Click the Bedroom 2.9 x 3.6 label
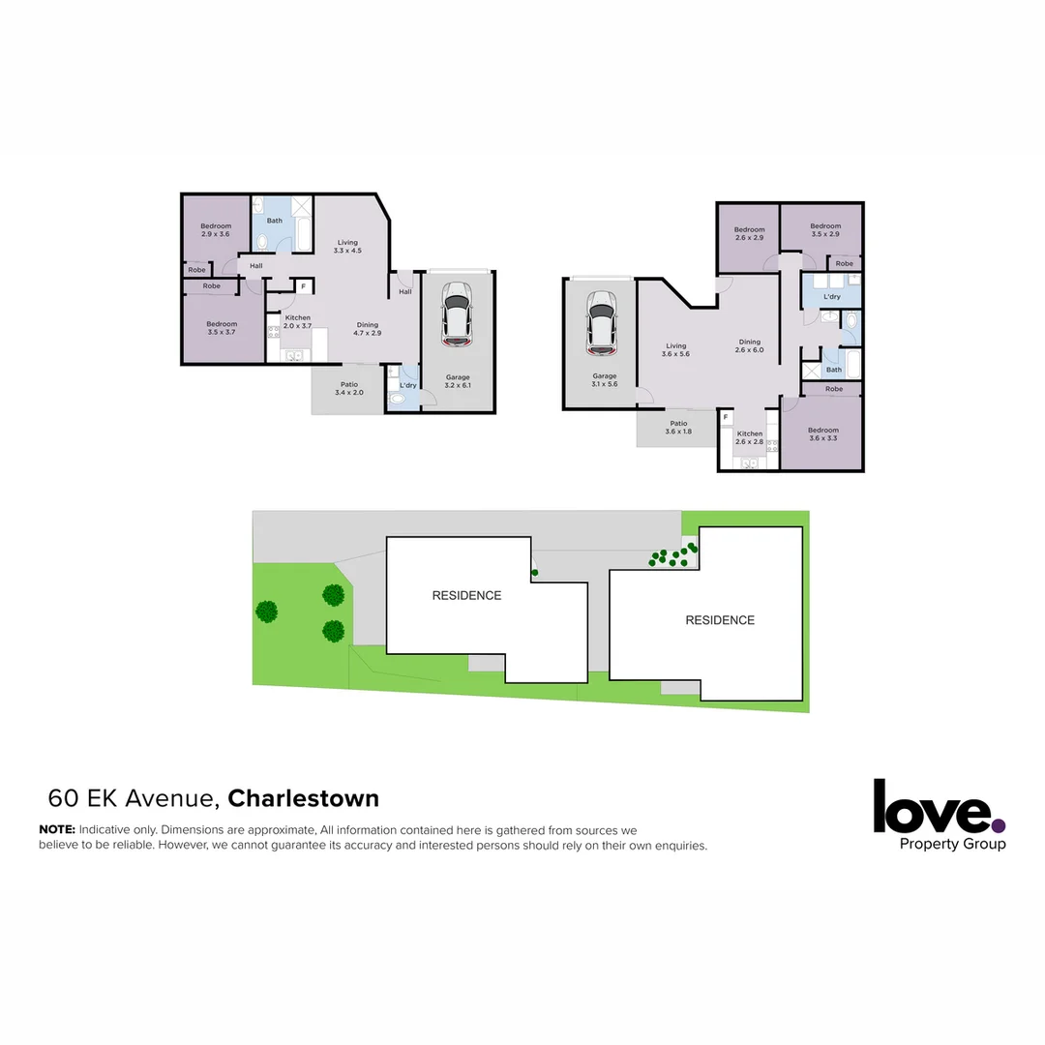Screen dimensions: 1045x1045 pyautogui.click(x=216, y=230)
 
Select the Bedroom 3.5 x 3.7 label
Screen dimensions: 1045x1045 pyautogui.click(x=222, y=328)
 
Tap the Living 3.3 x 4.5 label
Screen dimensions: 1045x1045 pyautogui.click(x=347, y=247)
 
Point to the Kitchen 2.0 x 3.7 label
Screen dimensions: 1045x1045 pyautogui.click(x=297, y=321)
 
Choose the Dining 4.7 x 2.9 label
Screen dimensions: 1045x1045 pyautogui.click(x=368, y=329)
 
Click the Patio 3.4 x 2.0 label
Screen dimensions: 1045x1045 pyautogui.click(x=348, y=389)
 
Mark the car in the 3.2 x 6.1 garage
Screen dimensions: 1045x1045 pyautogui.click(x=457, y=313)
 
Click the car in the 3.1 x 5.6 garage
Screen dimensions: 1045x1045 pyautogui.click(x=601, y=322)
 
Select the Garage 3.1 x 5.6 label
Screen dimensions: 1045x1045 pyautogui.click(x=605, y=380)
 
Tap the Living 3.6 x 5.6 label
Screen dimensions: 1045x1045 pyautogui.click(x=675, y=350)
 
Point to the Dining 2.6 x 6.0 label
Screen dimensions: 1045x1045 pyautogui.click(x=750, y=345)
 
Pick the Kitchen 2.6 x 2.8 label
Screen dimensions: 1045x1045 pyautogui.click(x=750, y=437)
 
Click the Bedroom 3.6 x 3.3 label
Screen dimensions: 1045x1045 pyautogui.click(x=823, y=434)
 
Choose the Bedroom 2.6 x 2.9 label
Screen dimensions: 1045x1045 pyautogui.click(x=749, y=233)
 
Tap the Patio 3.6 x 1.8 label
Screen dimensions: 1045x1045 pyautogui.click(x=678, y=427)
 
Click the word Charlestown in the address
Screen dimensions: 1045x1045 pyautogui.click(x=303, y=798)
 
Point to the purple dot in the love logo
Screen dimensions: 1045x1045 pyautogui.click(x=999, y=825)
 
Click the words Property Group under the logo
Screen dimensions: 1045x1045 pyautogui.click(x=952, y=844)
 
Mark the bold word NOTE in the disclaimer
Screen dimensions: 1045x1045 pyautogui.click(x=56, y=830)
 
